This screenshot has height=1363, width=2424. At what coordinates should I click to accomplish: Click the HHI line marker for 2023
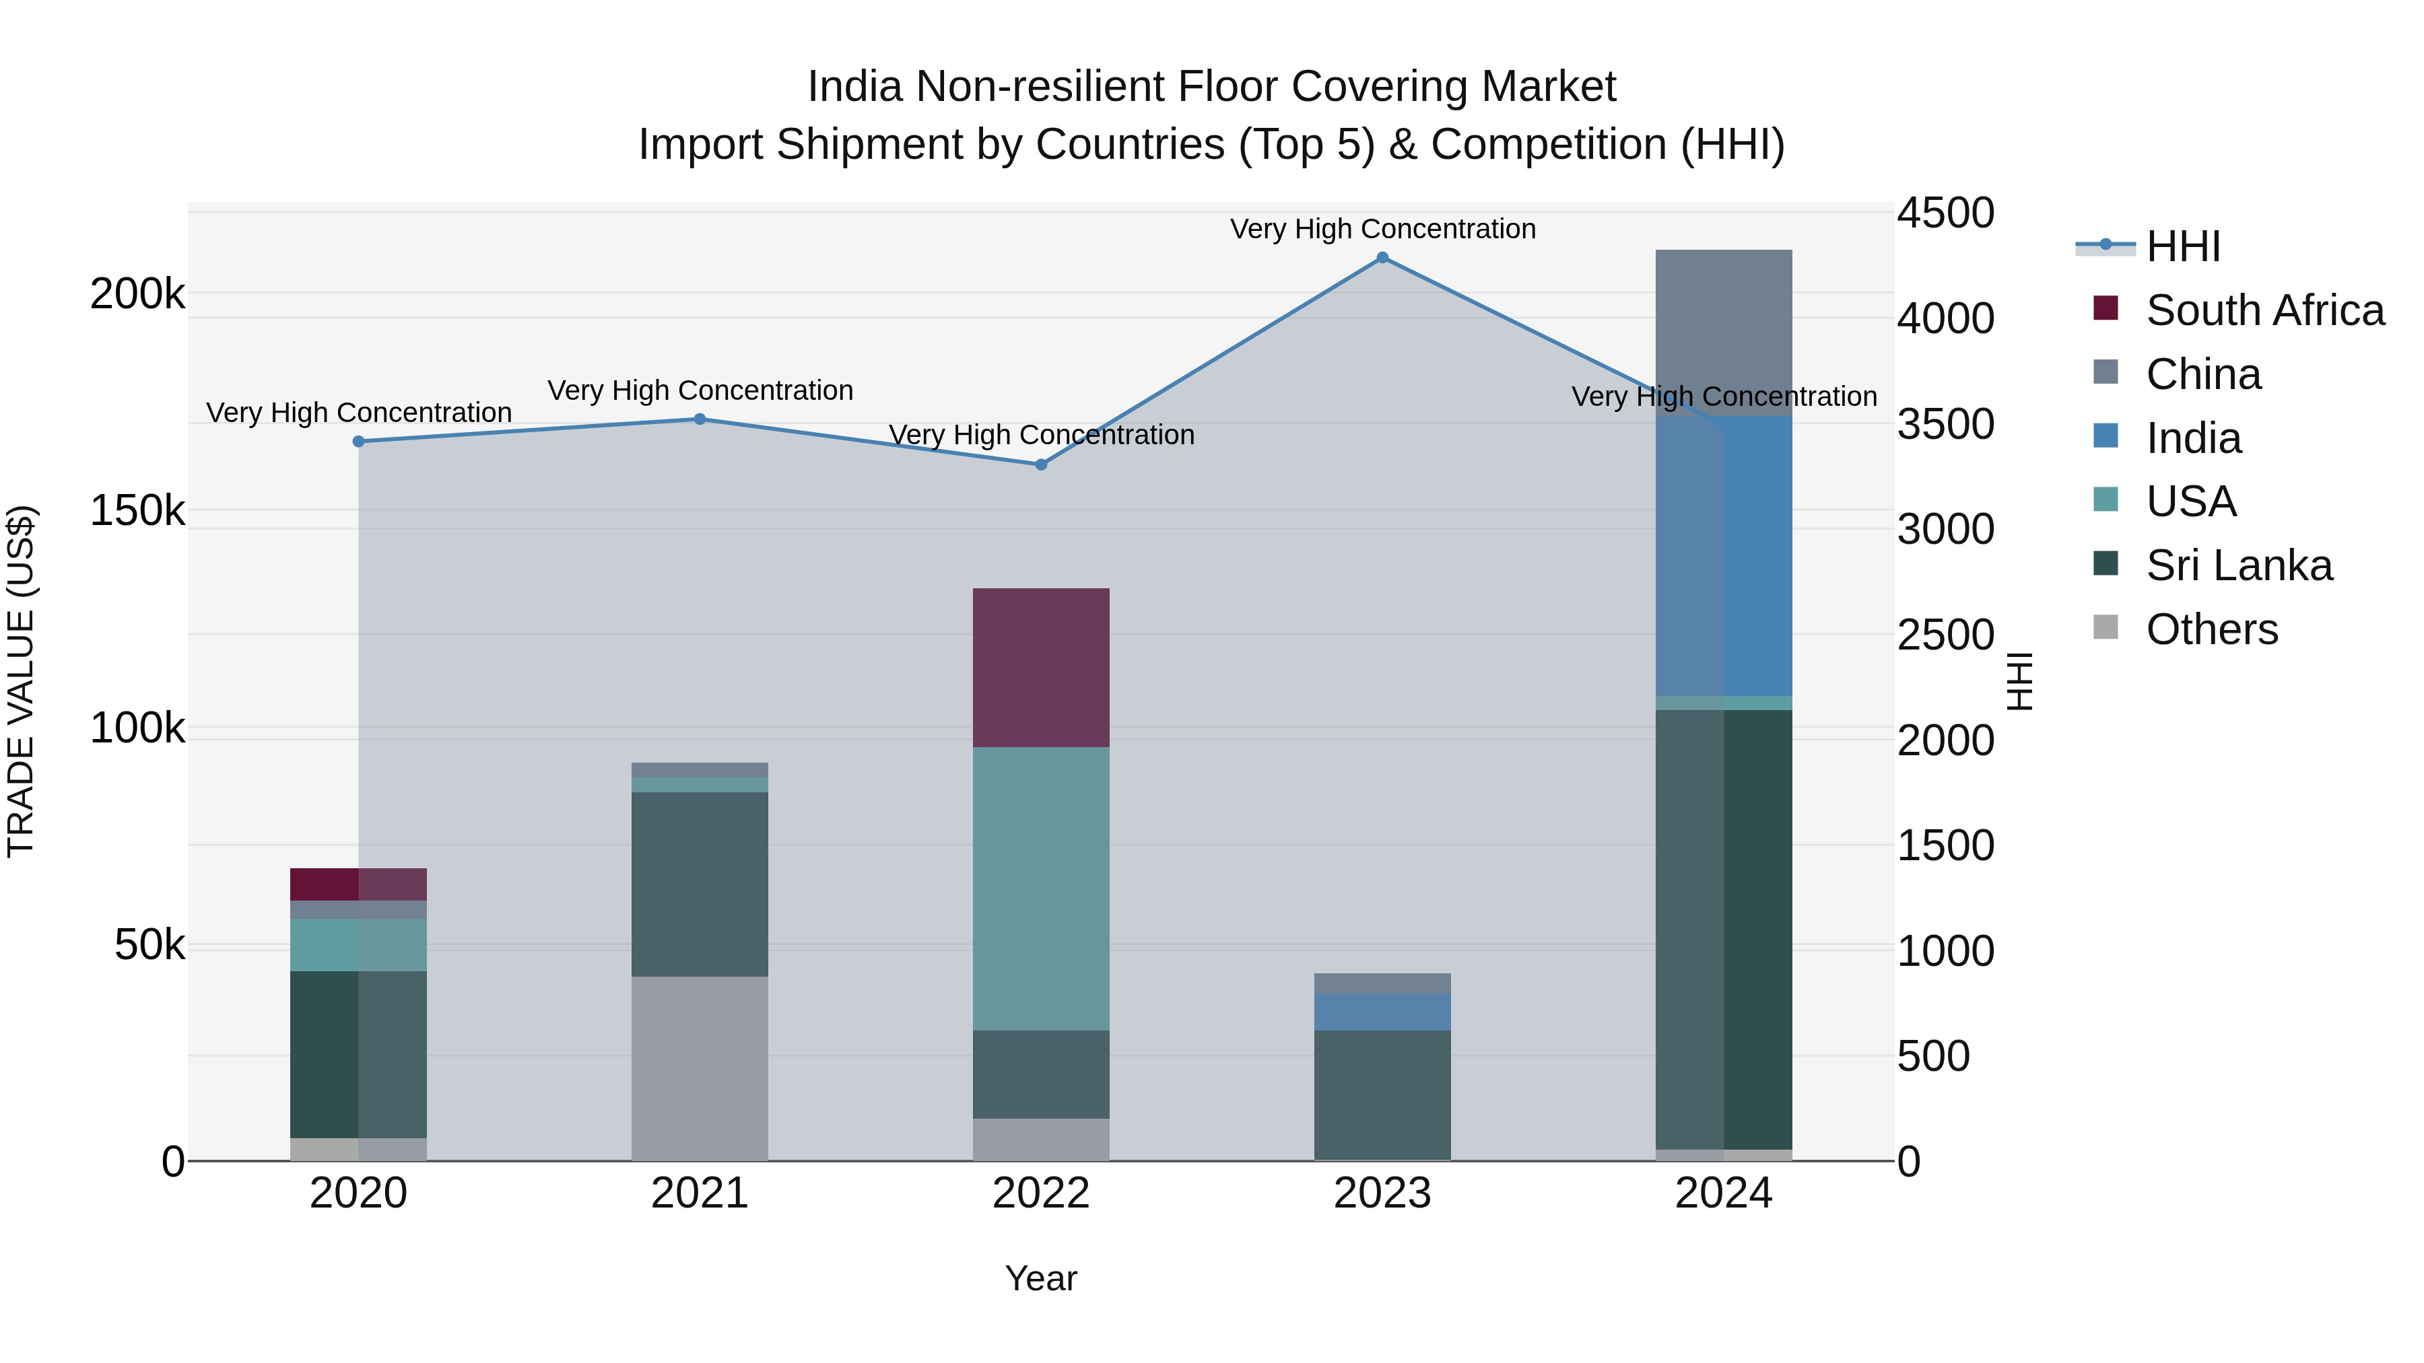pos(1382,258)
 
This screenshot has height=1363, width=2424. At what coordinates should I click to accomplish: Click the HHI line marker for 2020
pos(358,441)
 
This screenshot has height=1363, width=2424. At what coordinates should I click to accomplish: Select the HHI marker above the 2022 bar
pos(1041,464)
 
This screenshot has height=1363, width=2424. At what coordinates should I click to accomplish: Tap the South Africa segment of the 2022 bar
pos(1041,668)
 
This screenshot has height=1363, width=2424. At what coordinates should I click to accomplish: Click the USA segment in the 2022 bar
pos(1041,889)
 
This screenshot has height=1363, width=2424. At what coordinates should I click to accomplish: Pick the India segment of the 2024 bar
pos(1724,555)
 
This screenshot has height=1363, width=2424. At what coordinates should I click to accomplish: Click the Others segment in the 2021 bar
pos(699,1068)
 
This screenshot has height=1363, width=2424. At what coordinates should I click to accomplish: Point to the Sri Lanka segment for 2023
pos(1382,1095)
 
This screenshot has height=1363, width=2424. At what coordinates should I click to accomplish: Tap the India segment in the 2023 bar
pos(1382,1011)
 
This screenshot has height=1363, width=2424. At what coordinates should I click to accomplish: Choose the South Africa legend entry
pos(2264,310)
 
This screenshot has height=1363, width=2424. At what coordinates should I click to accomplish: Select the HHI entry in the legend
pos(2183,246)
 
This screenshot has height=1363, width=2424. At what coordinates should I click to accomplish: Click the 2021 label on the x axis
pos(699,1193)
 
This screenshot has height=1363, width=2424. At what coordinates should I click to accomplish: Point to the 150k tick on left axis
pos(137,511)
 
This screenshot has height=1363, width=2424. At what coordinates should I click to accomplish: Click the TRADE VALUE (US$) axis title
pos(21,681)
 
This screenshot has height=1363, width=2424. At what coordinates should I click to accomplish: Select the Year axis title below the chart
pos(1041,1278)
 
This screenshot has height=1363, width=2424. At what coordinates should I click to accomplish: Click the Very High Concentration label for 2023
pos(1382,229)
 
